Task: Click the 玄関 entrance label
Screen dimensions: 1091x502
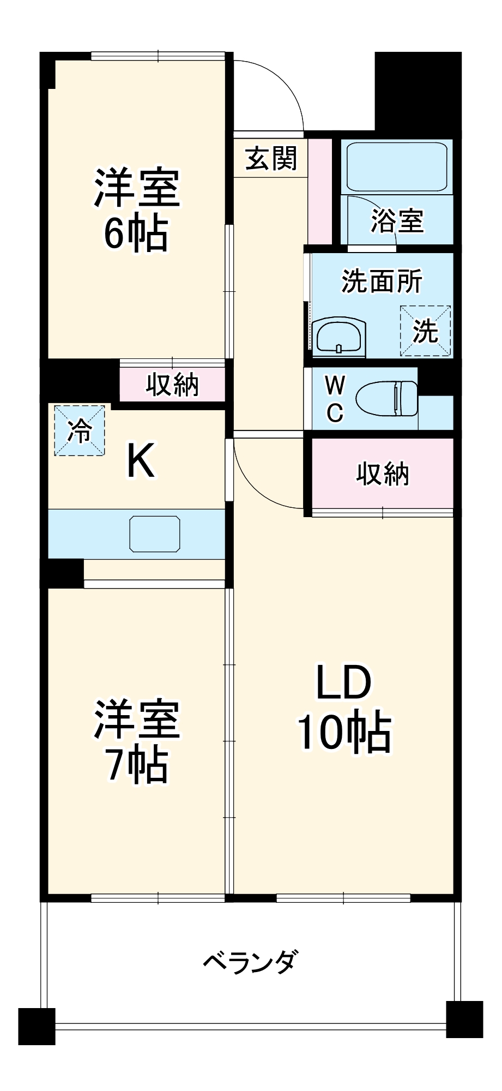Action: coord(271,159)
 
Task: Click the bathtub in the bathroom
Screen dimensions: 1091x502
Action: coord(397,166)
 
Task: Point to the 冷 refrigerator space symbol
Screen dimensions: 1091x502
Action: coord(80,430)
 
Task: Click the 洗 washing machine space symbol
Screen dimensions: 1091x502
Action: coord(425,331)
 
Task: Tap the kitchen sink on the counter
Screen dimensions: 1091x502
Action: coord(155,533)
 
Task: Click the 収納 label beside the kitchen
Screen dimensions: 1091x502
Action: coord(172,385)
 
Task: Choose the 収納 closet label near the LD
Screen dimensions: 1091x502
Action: coord(383,473)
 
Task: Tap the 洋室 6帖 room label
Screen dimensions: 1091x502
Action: coord(136,210)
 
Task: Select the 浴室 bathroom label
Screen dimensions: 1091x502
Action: coord(397,221)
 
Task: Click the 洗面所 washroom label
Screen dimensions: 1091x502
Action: coord(382,281)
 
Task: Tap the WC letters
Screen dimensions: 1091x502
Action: coord(335,399)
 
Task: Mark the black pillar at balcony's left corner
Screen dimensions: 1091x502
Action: coord(37,1026)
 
